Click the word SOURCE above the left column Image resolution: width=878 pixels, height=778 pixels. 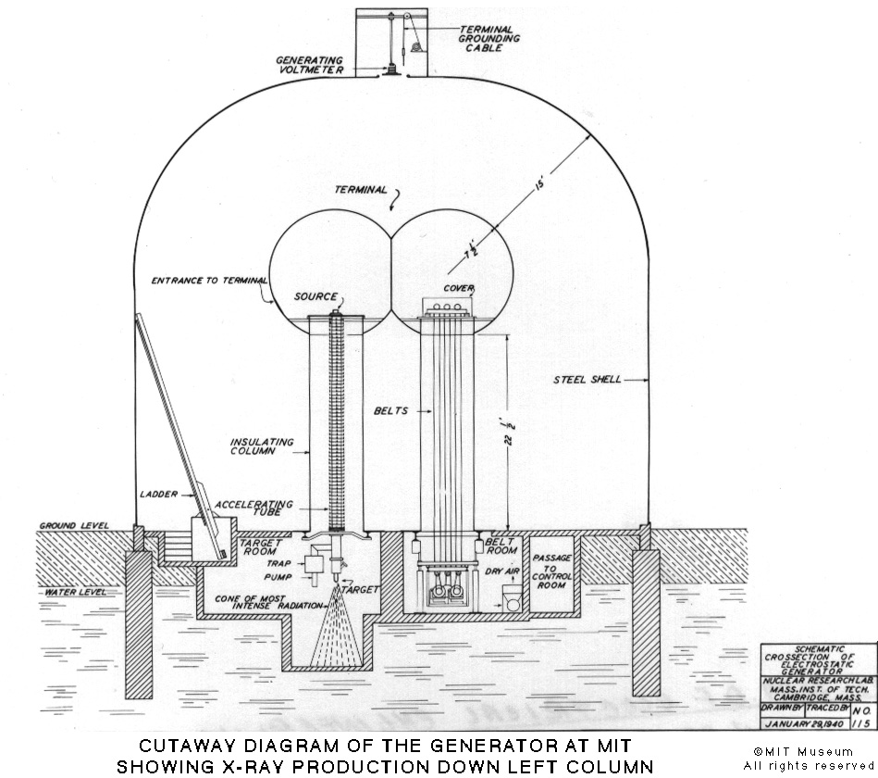pos(315,297)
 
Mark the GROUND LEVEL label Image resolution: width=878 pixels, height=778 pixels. pos(73,526)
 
